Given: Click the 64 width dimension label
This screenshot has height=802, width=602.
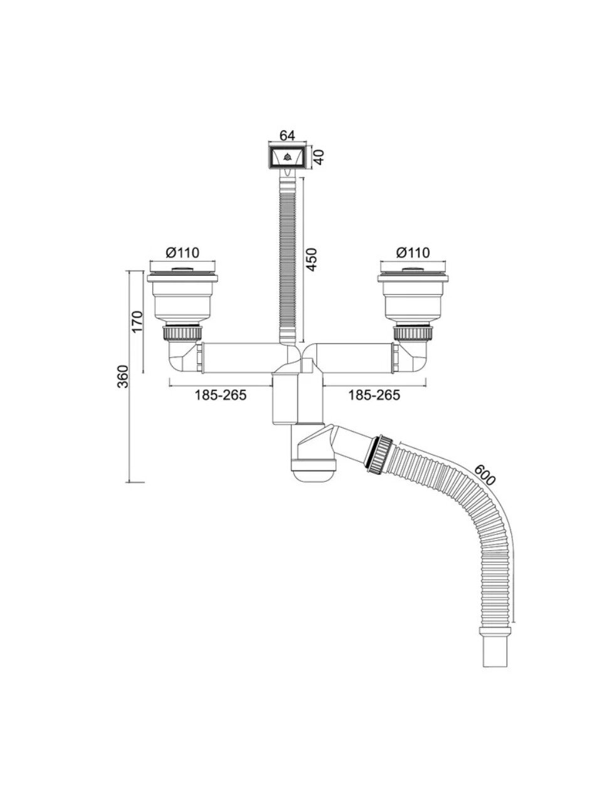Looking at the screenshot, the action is coord(287,135).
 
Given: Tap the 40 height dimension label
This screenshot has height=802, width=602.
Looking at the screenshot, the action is coord(319,157).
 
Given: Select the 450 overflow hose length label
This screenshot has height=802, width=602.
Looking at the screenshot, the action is coord(312,260).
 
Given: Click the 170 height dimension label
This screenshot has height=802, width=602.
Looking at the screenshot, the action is coord(137,321).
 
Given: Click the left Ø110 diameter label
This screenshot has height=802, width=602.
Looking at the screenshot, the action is coord(182,253).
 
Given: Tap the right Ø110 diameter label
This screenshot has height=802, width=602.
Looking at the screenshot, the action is coord(413,253).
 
